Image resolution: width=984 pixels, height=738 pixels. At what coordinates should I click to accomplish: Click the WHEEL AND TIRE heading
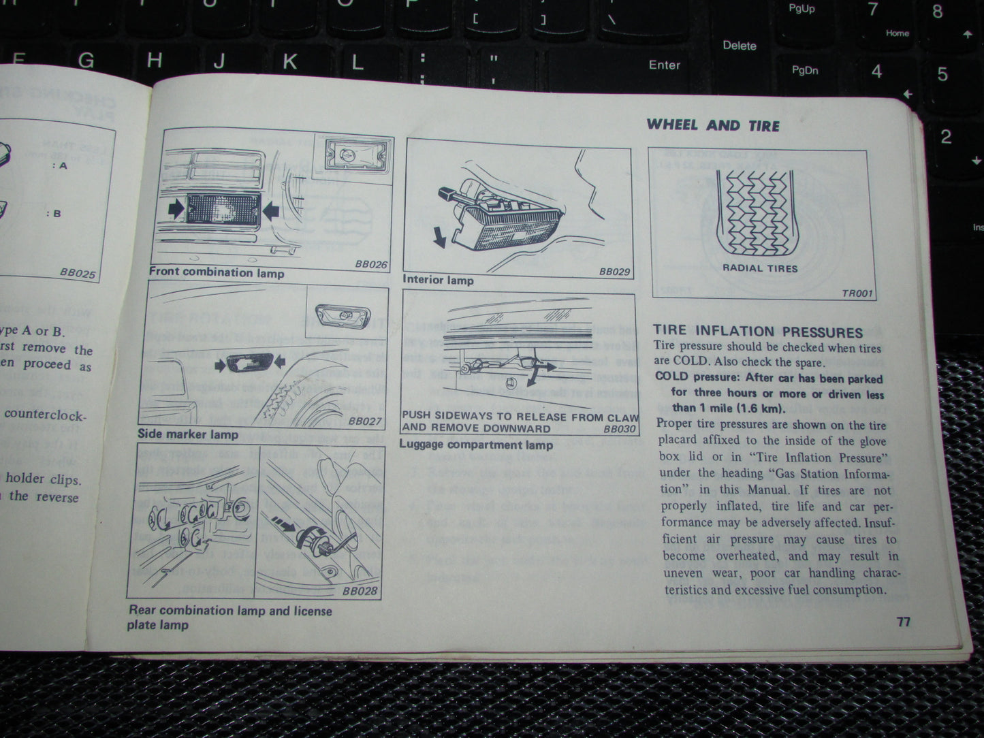pos(713,125)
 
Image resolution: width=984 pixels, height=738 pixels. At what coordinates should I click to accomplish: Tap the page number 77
pos(903,622)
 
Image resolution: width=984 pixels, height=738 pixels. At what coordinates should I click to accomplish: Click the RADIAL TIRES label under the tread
pos(760,268)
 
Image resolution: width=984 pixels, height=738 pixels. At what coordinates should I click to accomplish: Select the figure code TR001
pos(857,293)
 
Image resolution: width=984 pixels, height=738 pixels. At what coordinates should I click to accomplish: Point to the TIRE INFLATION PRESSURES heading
pos(758,332)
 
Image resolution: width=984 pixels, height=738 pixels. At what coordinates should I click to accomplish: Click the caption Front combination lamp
pos(217,273)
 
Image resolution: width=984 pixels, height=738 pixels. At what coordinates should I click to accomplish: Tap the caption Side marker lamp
pos(188,434)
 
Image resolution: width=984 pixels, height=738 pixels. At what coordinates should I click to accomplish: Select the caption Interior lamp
pos(438,280)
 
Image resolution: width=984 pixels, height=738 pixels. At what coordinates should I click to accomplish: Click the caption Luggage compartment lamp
pos(476,445)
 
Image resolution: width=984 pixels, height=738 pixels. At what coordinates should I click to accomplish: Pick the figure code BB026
pos(370,264)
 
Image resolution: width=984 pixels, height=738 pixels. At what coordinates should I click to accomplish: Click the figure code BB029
pos(614,272)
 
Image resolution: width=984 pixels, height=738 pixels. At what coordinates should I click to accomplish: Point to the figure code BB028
pos(360,591)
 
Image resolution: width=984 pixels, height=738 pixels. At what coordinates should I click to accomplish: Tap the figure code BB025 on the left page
pos(78,273)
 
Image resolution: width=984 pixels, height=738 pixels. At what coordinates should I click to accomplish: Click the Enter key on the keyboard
pos(664,65)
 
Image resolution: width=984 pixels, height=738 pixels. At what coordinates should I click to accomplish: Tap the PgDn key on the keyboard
pos(805,70)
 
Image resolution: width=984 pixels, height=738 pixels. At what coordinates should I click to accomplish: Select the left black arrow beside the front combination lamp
pos(175,208)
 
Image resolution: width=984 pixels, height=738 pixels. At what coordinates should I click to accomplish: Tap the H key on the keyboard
pos(155,61)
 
